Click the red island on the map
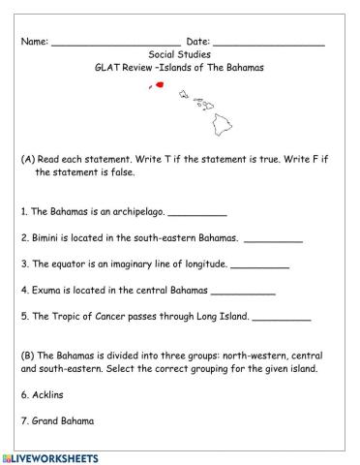point(159,85)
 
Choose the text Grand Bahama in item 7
point(64,420)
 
